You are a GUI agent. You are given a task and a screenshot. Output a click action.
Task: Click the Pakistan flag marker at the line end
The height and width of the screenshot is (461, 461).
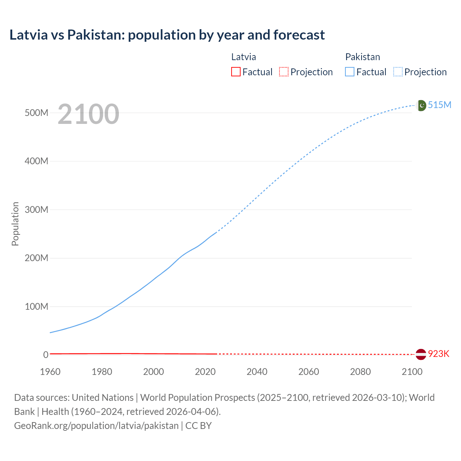click(x=421, y=105)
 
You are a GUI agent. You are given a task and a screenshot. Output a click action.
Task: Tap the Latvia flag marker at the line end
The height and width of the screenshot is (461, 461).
click(x=421, y=354)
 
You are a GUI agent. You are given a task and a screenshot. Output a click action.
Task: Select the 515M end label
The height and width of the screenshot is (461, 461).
click(x=439, y=105)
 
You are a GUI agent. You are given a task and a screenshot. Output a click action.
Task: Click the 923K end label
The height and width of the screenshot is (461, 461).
click(x=439, y=354)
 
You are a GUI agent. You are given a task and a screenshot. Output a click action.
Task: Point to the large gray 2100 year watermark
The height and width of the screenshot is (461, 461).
click(x=88, y=114)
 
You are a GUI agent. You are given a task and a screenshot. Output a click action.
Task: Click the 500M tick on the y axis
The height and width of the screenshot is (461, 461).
click(x=36, y=113)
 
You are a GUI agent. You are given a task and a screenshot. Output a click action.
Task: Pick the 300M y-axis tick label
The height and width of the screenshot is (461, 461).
click(x=36, y=210)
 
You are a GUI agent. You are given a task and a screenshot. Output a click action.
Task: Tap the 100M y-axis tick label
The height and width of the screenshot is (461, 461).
click(x=36, y=306)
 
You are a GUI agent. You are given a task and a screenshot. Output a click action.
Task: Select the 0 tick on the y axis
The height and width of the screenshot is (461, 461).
click(x=46, y=355)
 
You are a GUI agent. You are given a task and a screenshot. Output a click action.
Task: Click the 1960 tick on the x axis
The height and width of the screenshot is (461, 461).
click(x=50, y=372)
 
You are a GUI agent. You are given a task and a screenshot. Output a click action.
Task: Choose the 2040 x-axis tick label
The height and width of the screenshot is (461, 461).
click(x=257, y=372)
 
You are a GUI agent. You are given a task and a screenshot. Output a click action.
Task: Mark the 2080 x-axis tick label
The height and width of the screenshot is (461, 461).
click(x=360, y=372)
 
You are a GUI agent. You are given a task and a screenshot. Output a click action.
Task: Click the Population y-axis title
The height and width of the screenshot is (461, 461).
click(x=15, y=224)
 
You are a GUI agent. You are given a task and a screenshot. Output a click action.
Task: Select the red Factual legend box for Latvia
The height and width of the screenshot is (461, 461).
click(x=236, y=72)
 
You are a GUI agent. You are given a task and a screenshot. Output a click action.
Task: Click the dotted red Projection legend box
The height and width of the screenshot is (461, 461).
click(x=284, y=72)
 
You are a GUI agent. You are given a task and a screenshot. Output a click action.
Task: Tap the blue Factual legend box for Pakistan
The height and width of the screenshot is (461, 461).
click(x=349, y=72)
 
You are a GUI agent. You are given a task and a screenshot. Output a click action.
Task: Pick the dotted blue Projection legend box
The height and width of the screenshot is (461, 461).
click(x=398, y=72)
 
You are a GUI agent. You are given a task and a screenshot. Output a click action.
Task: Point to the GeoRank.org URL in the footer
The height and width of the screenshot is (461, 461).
click(x=96, y=426)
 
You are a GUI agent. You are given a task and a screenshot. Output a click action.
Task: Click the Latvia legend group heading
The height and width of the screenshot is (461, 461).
click(x=243, y=57)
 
